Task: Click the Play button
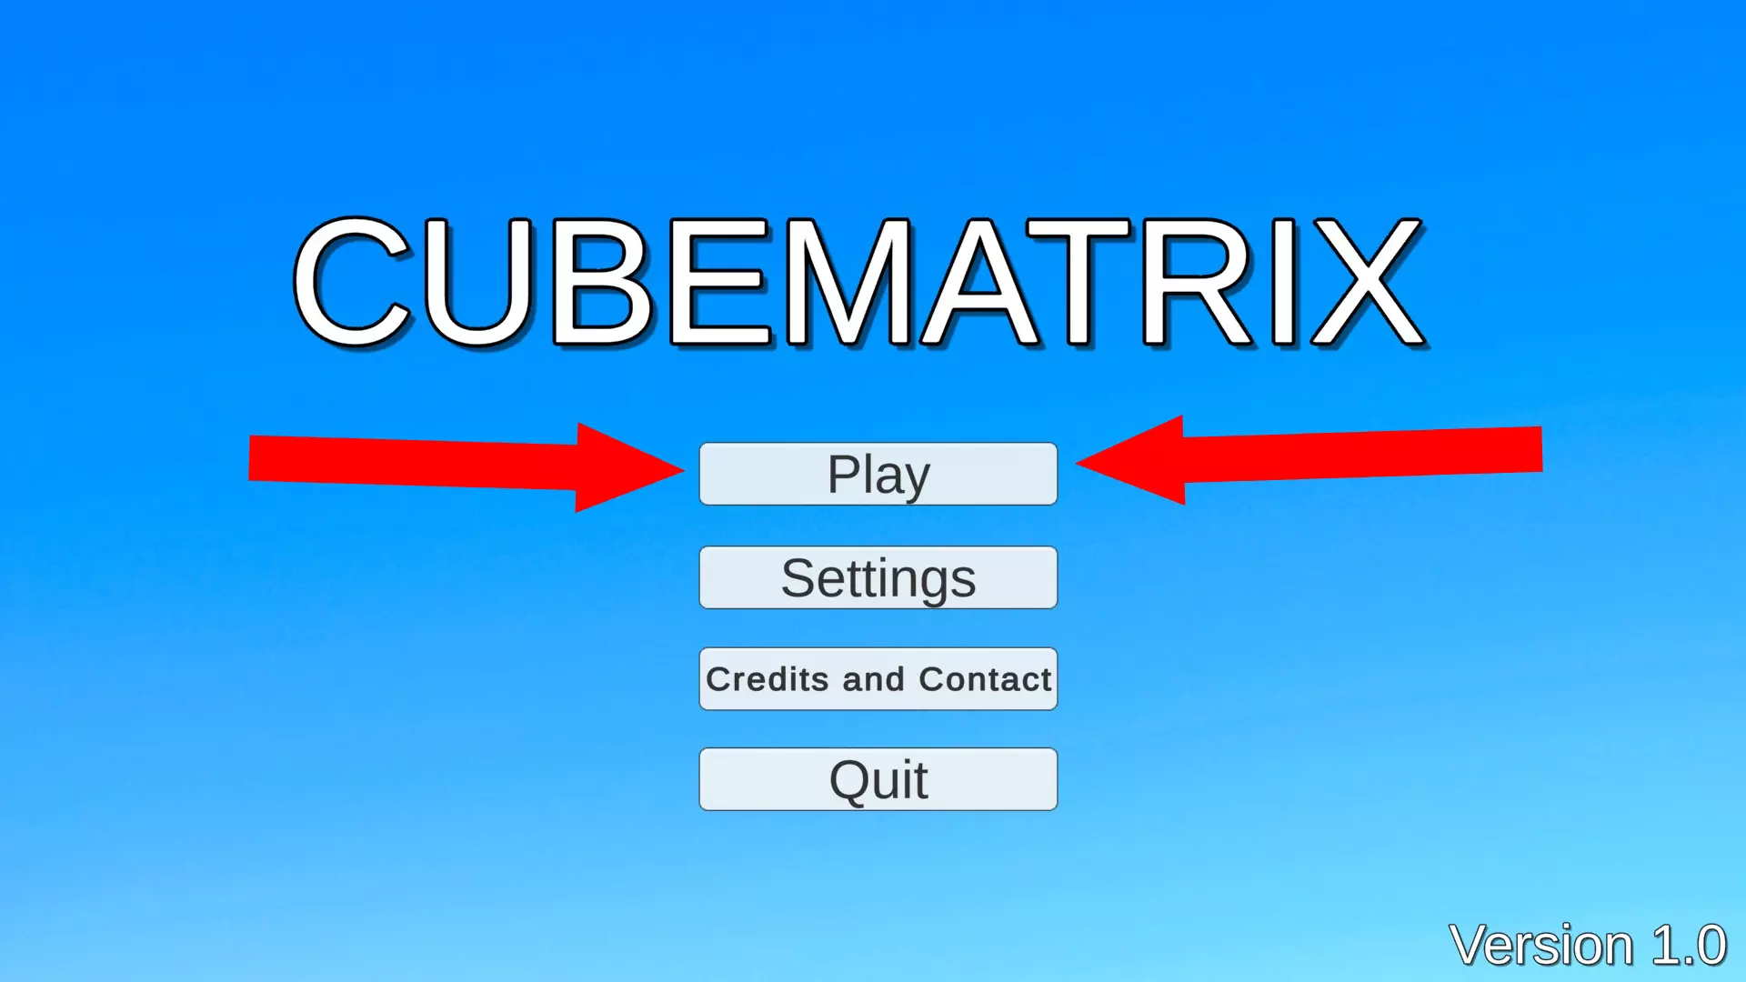coord(878,474)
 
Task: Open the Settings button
coord(878,577)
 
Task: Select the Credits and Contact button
coord(878,679)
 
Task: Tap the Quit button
coord(878,779)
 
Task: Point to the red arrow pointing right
coord(467,466)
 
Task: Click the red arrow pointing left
coord(1309,460)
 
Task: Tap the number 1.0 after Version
coord(1689,946)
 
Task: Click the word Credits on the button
coord(767,679)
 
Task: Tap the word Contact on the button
coord(985,679)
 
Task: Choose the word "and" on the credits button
coord(873,679)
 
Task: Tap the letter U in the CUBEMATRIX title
coord(478,284)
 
